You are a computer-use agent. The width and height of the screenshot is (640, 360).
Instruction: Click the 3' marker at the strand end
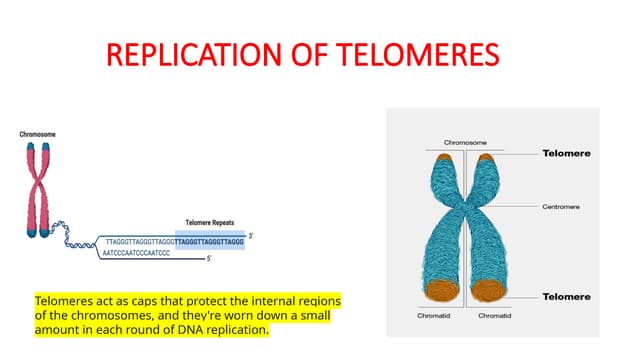pyautogui.click(x=252, y=235)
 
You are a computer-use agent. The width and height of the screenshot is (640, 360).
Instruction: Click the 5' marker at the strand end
pyautogui.click(x=208, y=259)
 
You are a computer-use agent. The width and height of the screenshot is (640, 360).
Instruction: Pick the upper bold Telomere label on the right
pyautogui.click(x=566, y=154)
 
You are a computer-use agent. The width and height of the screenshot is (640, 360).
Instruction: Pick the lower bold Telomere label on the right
pyautogui.click(x=566, y=297)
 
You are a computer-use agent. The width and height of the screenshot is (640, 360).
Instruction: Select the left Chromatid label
pyautogui.click(x=434, y=317)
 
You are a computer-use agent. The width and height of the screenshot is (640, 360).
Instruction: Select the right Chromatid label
pyautogui.click(x=495, y=317)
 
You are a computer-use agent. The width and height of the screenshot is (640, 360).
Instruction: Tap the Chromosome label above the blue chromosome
pyautogui.click(x=465, y=143)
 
